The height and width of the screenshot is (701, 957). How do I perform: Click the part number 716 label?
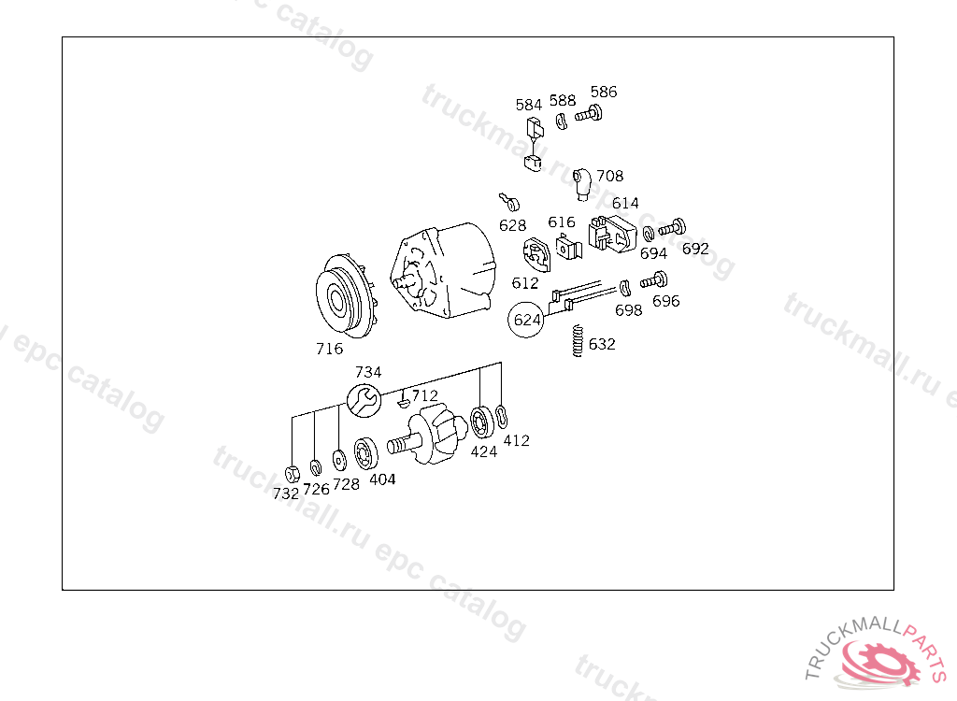click(329, 349)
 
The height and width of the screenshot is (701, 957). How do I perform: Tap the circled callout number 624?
click(526, 320)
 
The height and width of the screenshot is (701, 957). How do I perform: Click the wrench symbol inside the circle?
click(364, 401)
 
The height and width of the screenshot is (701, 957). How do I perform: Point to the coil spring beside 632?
click(578, 341)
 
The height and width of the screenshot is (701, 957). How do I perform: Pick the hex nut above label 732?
click(293, 473)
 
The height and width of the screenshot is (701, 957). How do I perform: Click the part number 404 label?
click(382, 479)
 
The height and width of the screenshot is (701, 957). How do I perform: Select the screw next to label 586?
click(589, 114)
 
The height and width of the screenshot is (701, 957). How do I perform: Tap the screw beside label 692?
click(673, 228)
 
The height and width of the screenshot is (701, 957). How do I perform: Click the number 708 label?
click(609, 176)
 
